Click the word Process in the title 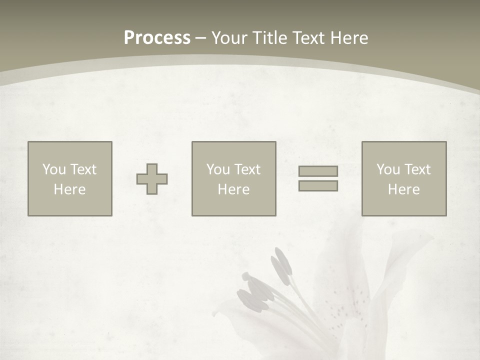157,38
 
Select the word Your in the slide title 230,38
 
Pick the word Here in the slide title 349,38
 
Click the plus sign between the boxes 152,179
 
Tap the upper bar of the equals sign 318,171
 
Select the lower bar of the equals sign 318,185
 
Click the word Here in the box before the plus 69,189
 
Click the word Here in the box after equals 403,189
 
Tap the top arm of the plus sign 152,169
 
